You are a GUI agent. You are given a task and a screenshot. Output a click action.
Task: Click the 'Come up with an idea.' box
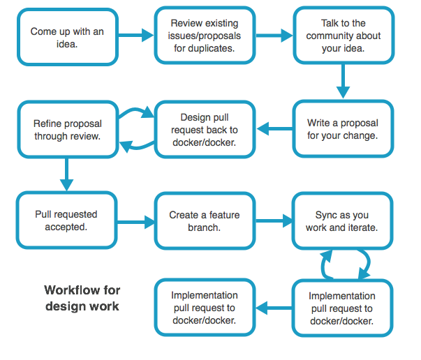[x=68, y=38]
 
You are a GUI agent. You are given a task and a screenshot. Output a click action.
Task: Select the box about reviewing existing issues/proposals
[x=205, y=36]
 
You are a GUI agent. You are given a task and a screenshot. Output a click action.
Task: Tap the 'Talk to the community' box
[x=344, y=36]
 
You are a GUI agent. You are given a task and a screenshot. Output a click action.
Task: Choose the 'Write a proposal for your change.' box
[x=342, y=129]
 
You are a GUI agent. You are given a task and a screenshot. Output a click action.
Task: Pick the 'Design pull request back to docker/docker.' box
[x=205, y=129]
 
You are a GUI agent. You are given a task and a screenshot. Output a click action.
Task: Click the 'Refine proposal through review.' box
[x=68, y=129]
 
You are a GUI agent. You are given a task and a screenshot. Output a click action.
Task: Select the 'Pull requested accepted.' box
[x=66, y=220]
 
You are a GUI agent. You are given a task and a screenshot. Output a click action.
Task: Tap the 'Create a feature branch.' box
[x=205, y=221]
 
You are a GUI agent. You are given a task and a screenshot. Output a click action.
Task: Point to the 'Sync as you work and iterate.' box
[x=342, y=221]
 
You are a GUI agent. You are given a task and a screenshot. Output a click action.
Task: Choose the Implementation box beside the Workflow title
[x=205, y=308]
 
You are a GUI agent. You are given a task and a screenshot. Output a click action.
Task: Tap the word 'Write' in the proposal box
[x=320, y=123]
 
